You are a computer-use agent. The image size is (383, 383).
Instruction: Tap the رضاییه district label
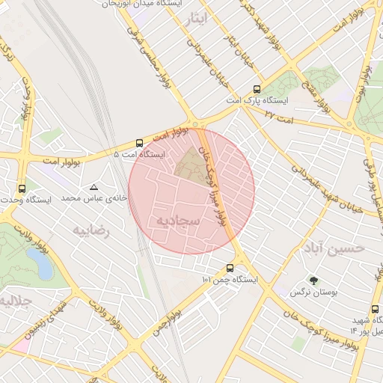90,230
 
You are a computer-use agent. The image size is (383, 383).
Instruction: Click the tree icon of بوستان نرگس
313,281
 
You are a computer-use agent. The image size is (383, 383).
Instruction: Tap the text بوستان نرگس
313,294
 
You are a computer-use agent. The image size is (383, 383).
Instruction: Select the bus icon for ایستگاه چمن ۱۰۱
230,268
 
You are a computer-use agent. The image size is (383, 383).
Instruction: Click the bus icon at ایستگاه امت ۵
139,143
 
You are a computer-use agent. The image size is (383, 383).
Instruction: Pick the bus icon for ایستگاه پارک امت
258,88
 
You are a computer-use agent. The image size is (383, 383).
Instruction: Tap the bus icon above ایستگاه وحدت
21,189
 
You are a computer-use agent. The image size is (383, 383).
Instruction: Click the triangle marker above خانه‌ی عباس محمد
94,187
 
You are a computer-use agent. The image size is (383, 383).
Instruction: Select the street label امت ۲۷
278,113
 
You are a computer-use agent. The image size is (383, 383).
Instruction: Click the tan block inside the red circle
192,163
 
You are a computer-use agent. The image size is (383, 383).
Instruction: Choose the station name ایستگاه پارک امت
247,99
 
